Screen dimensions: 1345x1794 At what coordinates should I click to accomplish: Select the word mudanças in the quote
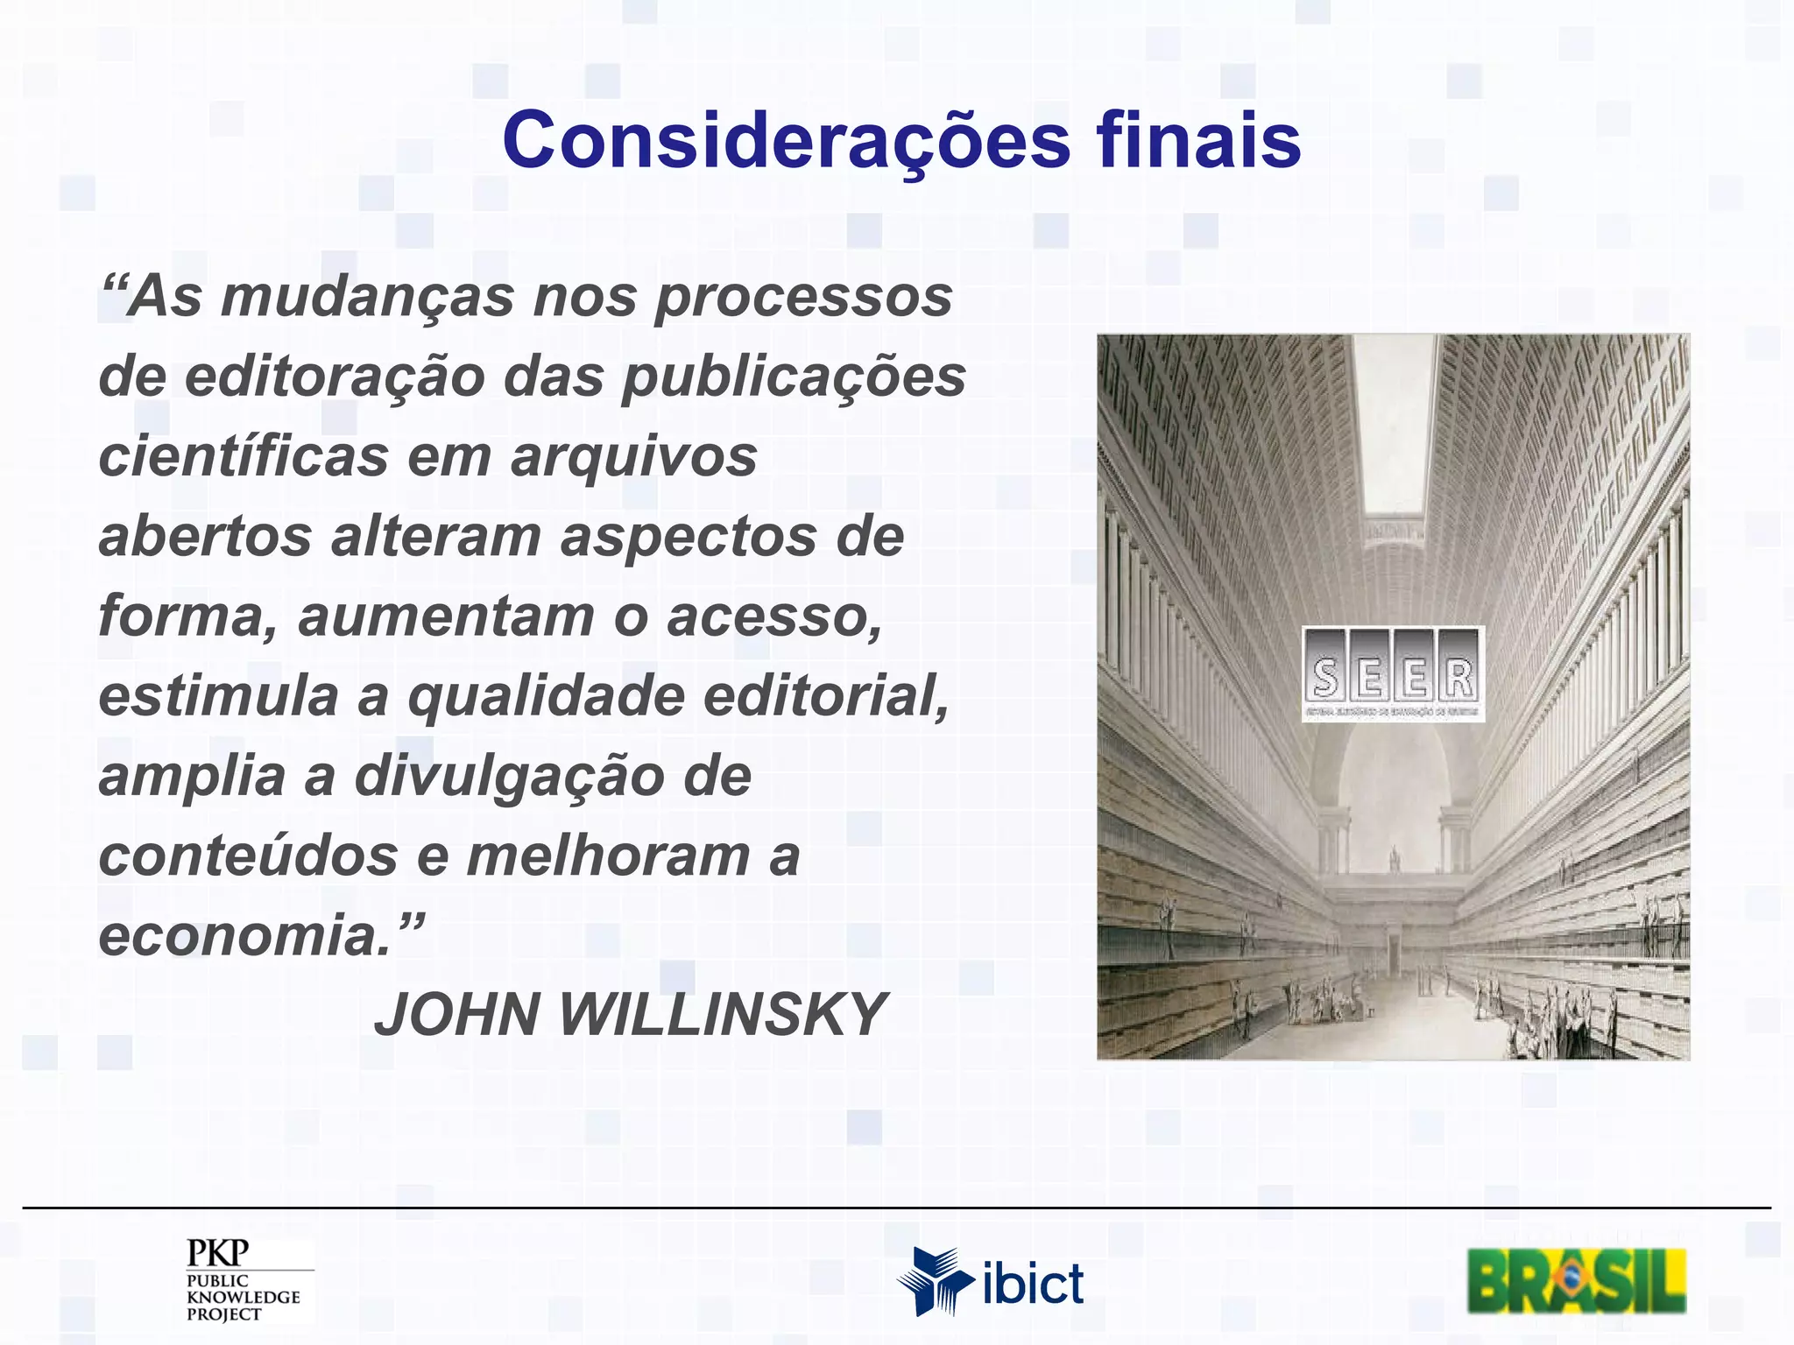tap(367, 298)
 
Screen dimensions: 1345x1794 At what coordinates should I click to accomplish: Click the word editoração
tap(335, 377)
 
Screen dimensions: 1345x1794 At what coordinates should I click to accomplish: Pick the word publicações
tap(794, 377)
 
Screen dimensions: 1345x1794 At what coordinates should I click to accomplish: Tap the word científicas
tap(244, 456)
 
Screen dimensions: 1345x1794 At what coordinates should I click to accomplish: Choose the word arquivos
tap(633, 458)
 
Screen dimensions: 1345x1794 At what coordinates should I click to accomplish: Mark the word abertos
tap(205, 536)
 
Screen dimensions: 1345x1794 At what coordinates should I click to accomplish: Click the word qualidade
tap(547, 697)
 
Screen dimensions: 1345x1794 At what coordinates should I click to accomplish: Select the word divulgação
tap(509, 778)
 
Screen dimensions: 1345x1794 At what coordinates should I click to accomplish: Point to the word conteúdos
tap(248, 856)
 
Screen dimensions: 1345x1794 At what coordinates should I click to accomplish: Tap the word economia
tap(245, 936)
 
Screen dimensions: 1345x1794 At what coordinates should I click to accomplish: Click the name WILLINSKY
tap(723, 1015)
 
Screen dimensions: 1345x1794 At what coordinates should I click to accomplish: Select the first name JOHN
tap(456, 1015)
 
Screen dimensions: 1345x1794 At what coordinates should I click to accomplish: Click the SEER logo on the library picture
tap(1393, 673)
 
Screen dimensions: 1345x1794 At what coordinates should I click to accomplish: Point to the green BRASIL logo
tap(1577, 1282)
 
